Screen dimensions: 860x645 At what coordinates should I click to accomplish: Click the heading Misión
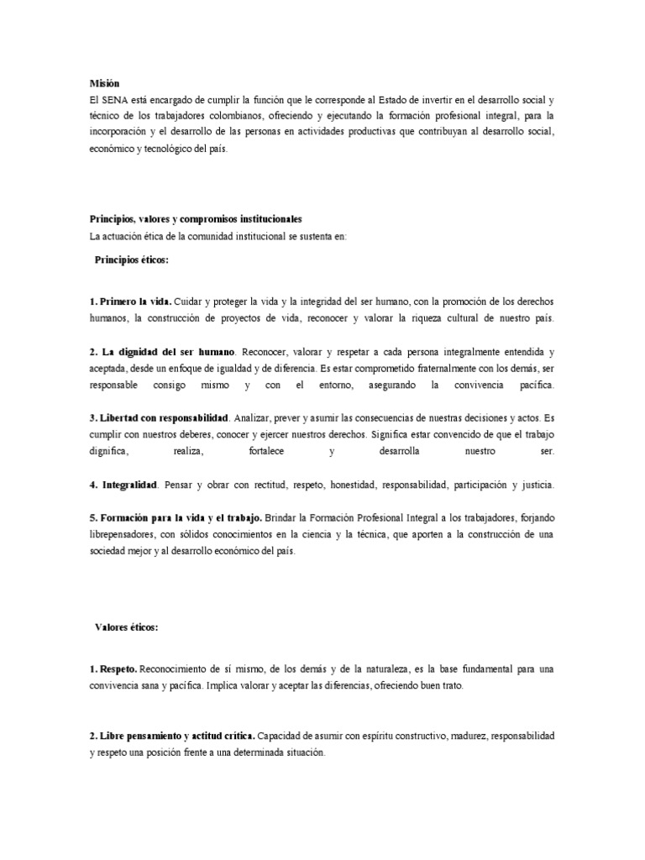point(105,83)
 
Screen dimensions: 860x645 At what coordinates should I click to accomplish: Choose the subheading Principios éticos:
point(132,260)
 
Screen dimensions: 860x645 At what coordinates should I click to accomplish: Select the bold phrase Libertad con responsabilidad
point(165,417)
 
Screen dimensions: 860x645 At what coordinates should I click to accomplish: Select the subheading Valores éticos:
point(126,627)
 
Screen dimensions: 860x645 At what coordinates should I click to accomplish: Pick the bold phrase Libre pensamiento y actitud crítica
point(175,736)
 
